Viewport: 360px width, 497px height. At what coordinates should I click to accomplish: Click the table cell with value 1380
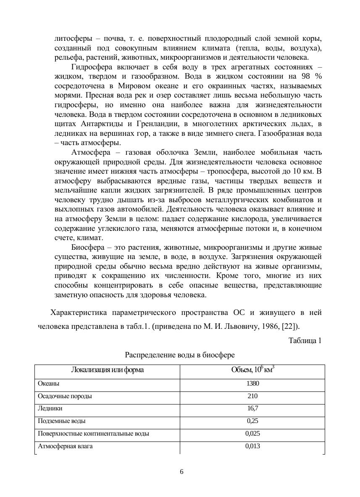pyautogui.click(x=252, y=383)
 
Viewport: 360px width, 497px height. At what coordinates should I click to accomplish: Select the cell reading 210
pyautogui.click(x=252, y=396)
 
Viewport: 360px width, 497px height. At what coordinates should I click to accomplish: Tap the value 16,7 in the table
pyautogui.click(x=252, y=408)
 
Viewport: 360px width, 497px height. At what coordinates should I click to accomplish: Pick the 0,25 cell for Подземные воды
pyautogui.click(x=252, y=421)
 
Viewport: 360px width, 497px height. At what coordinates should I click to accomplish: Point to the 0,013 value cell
pyautogui.click(x=252, y=446)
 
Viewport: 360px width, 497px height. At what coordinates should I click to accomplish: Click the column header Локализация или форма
pyautogui.click(x=107, y=370)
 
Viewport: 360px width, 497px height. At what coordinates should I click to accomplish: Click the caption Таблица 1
pyautogui.click(x=305, y=341)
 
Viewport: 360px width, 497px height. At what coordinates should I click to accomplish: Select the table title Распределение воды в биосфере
pyautogui.click(x=180, y=355)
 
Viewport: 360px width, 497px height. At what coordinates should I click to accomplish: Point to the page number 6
pyautogui.click(x=181, y=472)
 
